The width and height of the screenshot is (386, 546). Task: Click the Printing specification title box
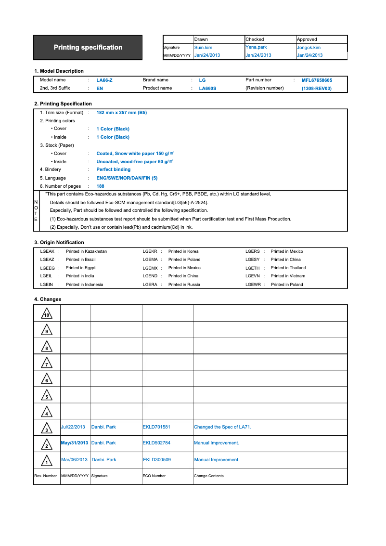(x=88, y=47)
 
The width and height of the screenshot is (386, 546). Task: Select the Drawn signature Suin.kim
(x=203, y=48)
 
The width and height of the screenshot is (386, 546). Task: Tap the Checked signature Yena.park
(x=256, y=47)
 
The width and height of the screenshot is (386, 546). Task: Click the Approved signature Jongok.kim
(x=309, y=48)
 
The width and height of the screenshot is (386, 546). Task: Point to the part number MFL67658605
(x=317, y=80)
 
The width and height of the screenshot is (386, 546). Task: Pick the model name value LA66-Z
(x=104, y=80)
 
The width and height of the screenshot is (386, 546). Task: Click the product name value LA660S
(x=207, y=89)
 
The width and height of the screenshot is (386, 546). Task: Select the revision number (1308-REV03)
(x=317, y=89)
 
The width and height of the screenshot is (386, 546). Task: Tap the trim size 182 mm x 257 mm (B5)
(x=122, y=113)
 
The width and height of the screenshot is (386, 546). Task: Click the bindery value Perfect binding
(x=113, y=169)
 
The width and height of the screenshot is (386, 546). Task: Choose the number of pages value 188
(x=100, y=186)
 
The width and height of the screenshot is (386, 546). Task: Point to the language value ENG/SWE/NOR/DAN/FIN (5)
(x=127, y=178)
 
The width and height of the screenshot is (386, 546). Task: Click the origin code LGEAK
(x=47, y=251)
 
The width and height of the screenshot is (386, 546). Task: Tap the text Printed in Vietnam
(x=288, y=276)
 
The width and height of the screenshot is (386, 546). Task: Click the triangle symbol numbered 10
(x=47, y=314)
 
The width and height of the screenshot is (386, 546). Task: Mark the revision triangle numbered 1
(x=47, y=461)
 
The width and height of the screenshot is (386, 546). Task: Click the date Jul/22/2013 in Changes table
(x=73, y=427)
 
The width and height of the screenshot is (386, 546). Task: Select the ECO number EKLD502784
(x=156, y=443)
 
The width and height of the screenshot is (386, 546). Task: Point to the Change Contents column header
(x=209, y=476)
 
